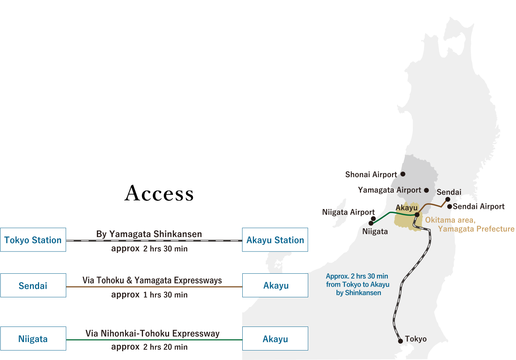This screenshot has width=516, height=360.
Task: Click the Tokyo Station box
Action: tap(33, 240)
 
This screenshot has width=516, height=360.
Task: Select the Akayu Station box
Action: tap(275, 240)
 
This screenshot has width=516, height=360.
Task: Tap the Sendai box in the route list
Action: tap(33, 285)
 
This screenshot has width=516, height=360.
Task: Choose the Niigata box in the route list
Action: tap(33, 339)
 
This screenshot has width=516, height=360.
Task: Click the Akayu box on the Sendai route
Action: tap(275, 285)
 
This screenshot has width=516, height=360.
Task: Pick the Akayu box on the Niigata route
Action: tap(275, 339)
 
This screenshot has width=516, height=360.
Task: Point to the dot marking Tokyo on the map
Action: tap(400, 341)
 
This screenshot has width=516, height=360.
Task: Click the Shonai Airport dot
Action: tap(403, 174)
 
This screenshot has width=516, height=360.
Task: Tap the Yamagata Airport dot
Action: tap(427, 190)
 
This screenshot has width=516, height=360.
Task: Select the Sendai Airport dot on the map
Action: tap(450, 206)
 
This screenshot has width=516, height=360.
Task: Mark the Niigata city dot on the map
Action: tap(371, 223)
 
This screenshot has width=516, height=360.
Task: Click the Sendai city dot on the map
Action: tap(448, 199)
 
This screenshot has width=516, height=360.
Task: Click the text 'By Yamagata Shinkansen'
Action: tap(149, 234)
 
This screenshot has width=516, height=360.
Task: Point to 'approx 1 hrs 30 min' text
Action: tap(149, 295)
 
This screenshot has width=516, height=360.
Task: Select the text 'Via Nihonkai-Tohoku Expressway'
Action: tap(152, 334)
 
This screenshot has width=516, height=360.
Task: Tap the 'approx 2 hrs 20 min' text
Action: tap(149, 347)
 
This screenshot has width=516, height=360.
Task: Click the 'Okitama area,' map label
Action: tap(450, 220)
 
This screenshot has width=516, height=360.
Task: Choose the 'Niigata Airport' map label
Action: tap(348, 212)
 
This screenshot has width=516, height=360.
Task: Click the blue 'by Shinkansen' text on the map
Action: tap(358, 293)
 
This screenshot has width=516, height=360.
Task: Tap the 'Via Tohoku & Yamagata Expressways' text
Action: tap(152, 280)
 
